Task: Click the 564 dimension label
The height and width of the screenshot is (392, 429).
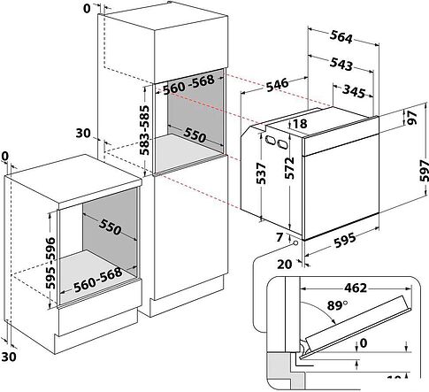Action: (x=341, y=37)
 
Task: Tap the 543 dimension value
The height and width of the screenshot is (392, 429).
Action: (x=341, y=64)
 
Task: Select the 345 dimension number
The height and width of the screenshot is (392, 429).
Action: (x=354, y=91)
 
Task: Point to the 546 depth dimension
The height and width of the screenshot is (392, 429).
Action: (x=277, y=85)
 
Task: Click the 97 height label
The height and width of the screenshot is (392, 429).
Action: (x=412, y=118)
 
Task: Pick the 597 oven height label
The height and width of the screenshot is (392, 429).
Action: (x=424, y=171)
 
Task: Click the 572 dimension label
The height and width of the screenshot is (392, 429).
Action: (x=289, y=168)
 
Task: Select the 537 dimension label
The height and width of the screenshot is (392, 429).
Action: (x=261, y=173)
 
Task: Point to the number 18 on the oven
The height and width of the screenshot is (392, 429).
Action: (x=301, y=123)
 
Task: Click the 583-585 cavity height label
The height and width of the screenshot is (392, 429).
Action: (x=144, y=130)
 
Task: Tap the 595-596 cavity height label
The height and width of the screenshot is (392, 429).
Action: (x=50, y=263)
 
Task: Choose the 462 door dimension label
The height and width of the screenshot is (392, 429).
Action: (x=356, y=288)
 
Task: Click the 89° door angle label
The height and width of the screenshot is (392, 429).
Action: (x=337, y=305)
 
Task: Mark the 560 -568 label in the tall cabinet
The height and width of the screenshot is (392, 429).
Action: (x=188, y=84)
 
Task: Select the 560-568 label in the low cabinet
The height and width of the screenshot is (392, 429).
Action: (x=98, y=280)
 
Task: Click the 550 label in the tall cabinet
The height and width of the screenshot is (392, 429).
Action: (x=195, y=135)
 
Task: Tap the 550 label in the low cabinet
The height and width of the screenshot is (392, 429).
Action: (x=110, y=227)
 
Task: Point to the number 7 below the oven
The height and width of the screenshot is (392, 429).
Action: (x=280, y=237)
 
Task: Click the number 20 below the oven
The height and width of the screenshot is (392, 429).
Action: (x=285, y=265)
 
